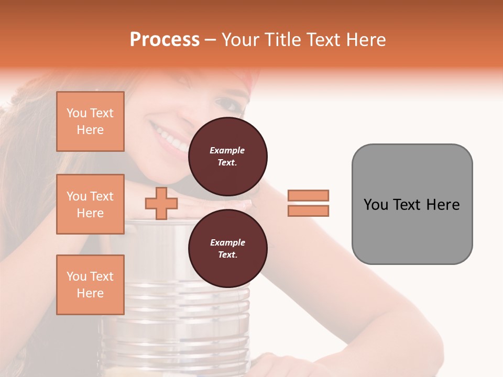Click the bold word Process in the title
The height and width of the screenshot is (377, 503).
[x=165, y=40]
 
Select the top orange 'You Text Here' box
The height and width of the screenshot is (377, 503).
[x=90, y=121]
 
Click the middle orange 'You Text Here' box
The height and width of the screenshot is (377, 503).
[x=90, y=204]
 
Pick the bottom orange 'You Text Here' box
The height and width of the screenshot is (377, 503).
[x=90, y=284]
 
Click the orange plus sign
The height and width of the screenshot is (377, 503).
[x=161, y=203]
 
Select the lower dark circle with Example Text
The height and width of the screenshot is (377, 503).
[x=227, y=248]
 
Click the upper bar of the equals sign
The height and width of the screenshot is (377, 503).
[x=308, y=195]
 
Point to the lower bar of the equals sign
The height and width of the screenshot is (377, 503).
[x=308, y=210]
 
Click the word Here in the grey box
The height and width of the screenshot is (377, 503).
[x=443, y=205]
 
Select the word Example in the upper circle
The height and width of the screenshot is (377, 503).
[x=227, y=150]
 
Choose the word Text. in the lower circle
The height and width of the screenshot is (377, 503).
[x=227, y=254]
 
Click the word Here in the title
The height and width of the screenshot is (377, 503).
[x=366, y=40]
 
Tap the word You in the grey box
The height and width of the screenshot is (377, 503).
[x=376, y=205]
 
